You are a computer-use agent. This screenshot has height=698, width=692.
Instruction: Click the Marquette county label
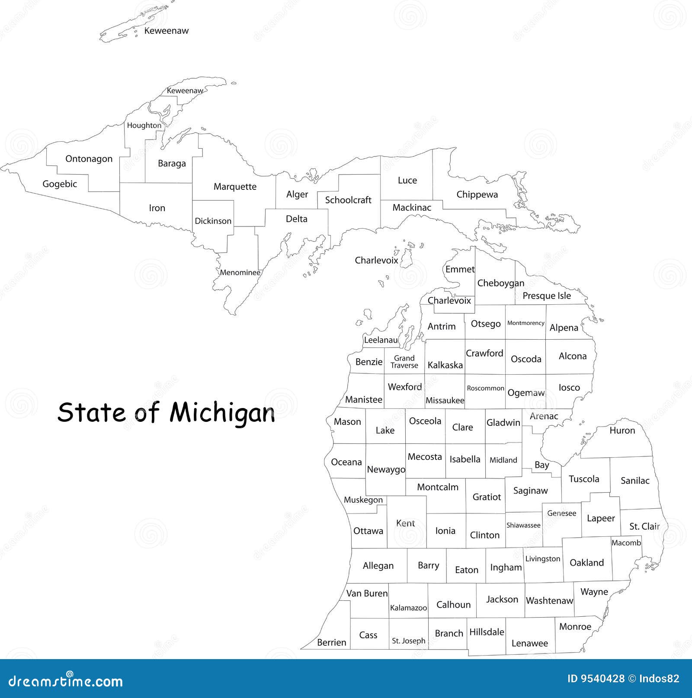point(235,187)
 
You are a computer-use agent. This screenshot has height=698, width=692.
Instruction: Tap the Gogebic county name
point(60,184)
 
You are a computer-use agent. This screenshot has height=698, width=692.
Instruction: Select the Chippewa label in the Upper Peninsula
point(477,194)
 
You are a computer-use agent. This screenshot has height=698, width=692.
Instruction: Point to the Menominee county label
point(240,272)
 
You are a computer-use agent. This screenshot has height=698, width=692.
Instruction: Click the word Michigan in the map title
point(222,413)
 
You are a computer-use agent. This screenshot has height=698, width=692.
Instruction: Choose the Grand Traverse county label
point(404,362)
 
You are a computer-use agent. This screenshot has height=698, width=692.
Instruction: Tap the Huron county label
point(622,430)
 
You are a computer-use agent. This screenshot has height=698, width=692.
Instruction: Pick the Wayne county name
point(594,592)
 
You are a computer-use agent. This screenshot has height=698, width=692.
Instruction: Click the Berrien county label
point(331,642)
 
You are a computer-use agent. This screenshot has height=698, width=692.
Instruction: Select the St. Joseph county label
point(408,641)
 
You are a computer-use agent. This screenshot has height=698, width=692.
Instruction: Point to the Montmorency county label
point(525,323)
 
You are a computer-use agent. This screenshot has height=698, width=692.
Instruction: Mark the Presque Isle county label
point(547,296)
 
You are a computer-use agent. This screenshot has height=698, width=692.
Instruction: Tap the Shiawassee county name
point(523,525)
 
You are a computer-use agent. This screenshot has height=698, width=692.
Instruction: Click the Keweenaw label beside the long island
point(166,31)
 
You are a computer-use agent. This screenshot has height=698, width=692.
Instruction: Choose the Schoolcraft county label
point(348,200)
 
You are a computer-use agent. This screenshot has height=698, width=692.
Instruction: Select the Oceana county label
point(346,462)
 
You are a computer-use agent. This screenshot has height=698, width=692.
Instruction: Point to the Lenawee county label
point(529,643)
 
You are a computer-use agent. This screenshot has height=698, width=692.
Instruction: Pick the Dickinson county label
point(213,221)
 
